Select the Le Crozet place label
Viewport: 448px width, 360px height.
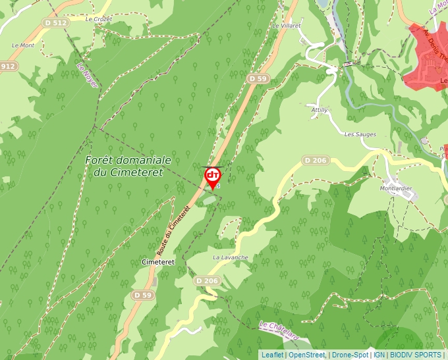[99, 19]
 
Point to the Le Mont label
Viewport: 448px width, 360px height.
[23, 45]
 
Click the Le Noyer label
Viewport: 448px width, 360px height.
[87, 75]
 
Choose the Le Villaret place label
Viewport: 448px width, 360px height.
[286, 26]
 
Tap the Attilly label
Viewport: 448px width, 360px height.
[320, 110]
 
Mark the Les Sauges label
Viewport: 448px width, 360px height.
[360, 134]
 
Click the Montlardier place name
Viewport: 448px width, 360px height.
[396, 188]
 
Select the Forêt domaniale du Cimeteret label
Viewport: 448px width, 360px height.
[128, 166]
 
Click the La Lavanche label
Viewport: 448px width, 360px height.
[231, 257]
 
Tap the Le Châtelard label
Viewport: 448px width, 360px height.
[279, 330]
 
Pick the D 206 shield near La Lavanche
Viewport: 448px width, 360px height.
[207, 280]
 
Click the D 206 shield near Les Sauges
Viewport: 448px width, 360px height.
[316, 160]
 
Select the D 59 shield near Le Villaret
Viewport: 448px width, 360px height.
[258, 78]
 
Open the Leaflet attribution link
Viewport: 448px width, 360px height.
[272, 355]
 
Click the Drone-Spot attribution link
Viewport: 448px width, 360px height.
[350, 355]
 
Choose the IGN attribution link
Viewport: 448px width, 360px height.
[379, 355]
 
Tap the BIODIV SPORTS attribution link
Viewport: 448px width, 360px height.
[416, 355]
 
